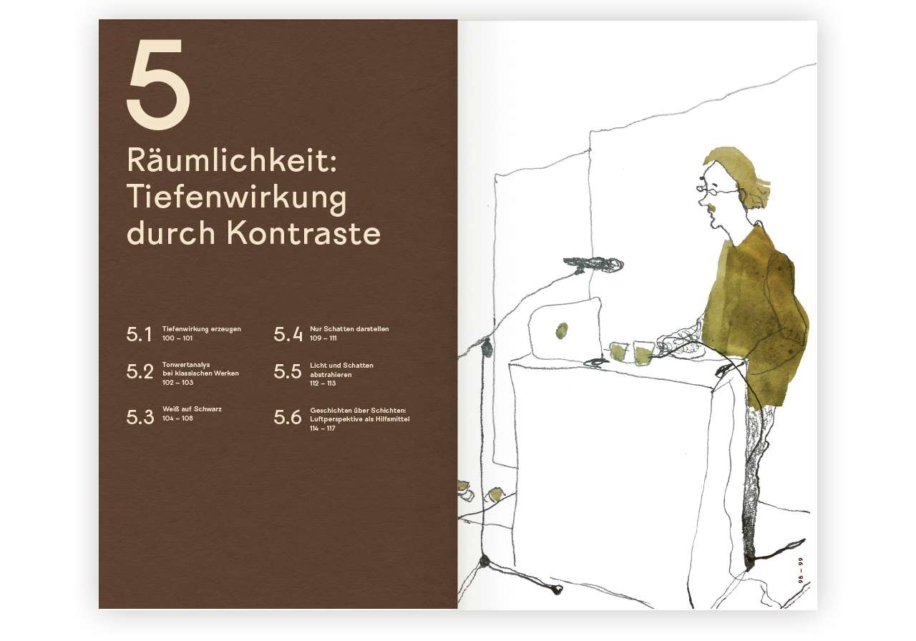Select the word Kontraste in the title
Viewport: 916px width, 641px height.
pyautogui.click(x=303, y=233)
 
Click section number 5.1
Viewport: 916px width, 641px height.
pyautogui.click(x=139, y=334)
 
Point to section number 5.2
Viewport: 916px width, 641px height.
pyautogui.click(x=140, y=372)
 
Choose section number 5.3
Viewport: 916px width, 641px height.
pyautogui.click(x=140, y=418)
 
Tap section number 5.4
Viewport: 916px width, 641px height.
pyautogui.click(x=288, y=334)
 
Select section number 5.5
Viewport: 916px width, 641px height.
pyautogui.click(x=288, y=372)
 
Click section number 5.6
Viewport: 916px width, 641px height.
pyautogui.click(x=288, y=418)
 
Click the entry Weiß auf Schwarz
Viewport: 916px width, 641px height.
pyautogui.click(x=192, y=409)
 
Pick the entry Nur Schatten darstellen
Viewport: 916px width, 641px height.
pyautogui.click(x=349, y=329)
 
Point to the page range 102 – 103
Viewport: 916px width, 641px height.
pyautogui.click(x=177, y=383)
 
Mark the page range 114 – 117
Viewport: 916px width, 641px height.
pyautogui.click(x=323, y=428)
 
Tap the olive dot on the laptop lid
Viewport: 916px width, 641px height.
pyautogui.click(x=562, y=331)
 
